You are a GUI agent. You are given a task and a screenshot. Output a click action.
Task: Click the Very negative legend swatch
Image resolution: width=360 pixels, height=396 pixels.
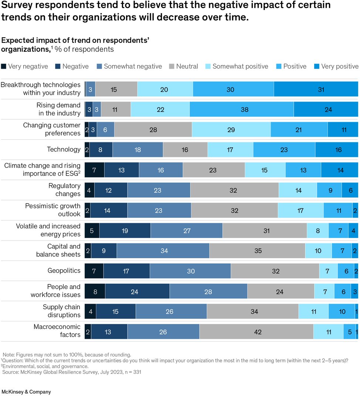point(4,66)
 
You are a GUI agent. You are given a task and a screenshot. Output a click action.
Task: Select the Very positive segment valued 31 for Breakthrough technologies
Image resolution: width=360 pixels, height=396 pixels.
point(316,89)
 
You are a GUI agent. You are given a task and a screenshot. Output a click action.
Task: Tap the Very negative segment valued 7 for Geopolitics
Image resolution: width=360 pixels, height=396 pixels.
point(94,271)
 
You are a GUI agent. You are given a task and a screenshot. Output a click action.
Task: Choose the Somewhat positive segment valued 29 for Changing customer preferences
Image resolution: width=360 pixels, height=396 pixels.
point(231,130)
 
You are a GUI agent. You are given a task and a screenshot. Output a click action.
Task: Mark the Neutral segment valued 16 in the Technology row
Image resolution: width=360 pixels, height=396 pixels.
point(185,150)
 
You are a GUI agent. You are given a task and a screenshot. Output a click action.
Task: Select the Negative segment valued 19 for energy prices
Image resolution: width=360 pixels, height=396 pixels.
point(125,231)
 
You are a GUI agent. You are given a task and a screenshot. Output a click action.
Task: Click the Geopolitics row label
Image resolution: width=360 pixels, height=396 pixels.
point(64,271)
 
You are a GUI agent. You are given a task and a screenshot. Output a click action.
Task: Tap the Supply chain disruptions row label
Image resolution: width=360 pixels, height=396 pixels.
point(61,311)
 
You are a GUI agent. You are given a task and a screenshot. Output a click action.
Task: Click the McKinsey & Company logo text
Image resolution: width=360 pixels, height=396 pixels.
point(26,392)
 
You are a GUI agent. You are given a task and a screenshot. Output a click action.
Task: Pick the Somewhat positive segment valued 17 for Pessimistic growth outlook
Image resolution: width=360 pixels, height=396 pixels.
point(300,211)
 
